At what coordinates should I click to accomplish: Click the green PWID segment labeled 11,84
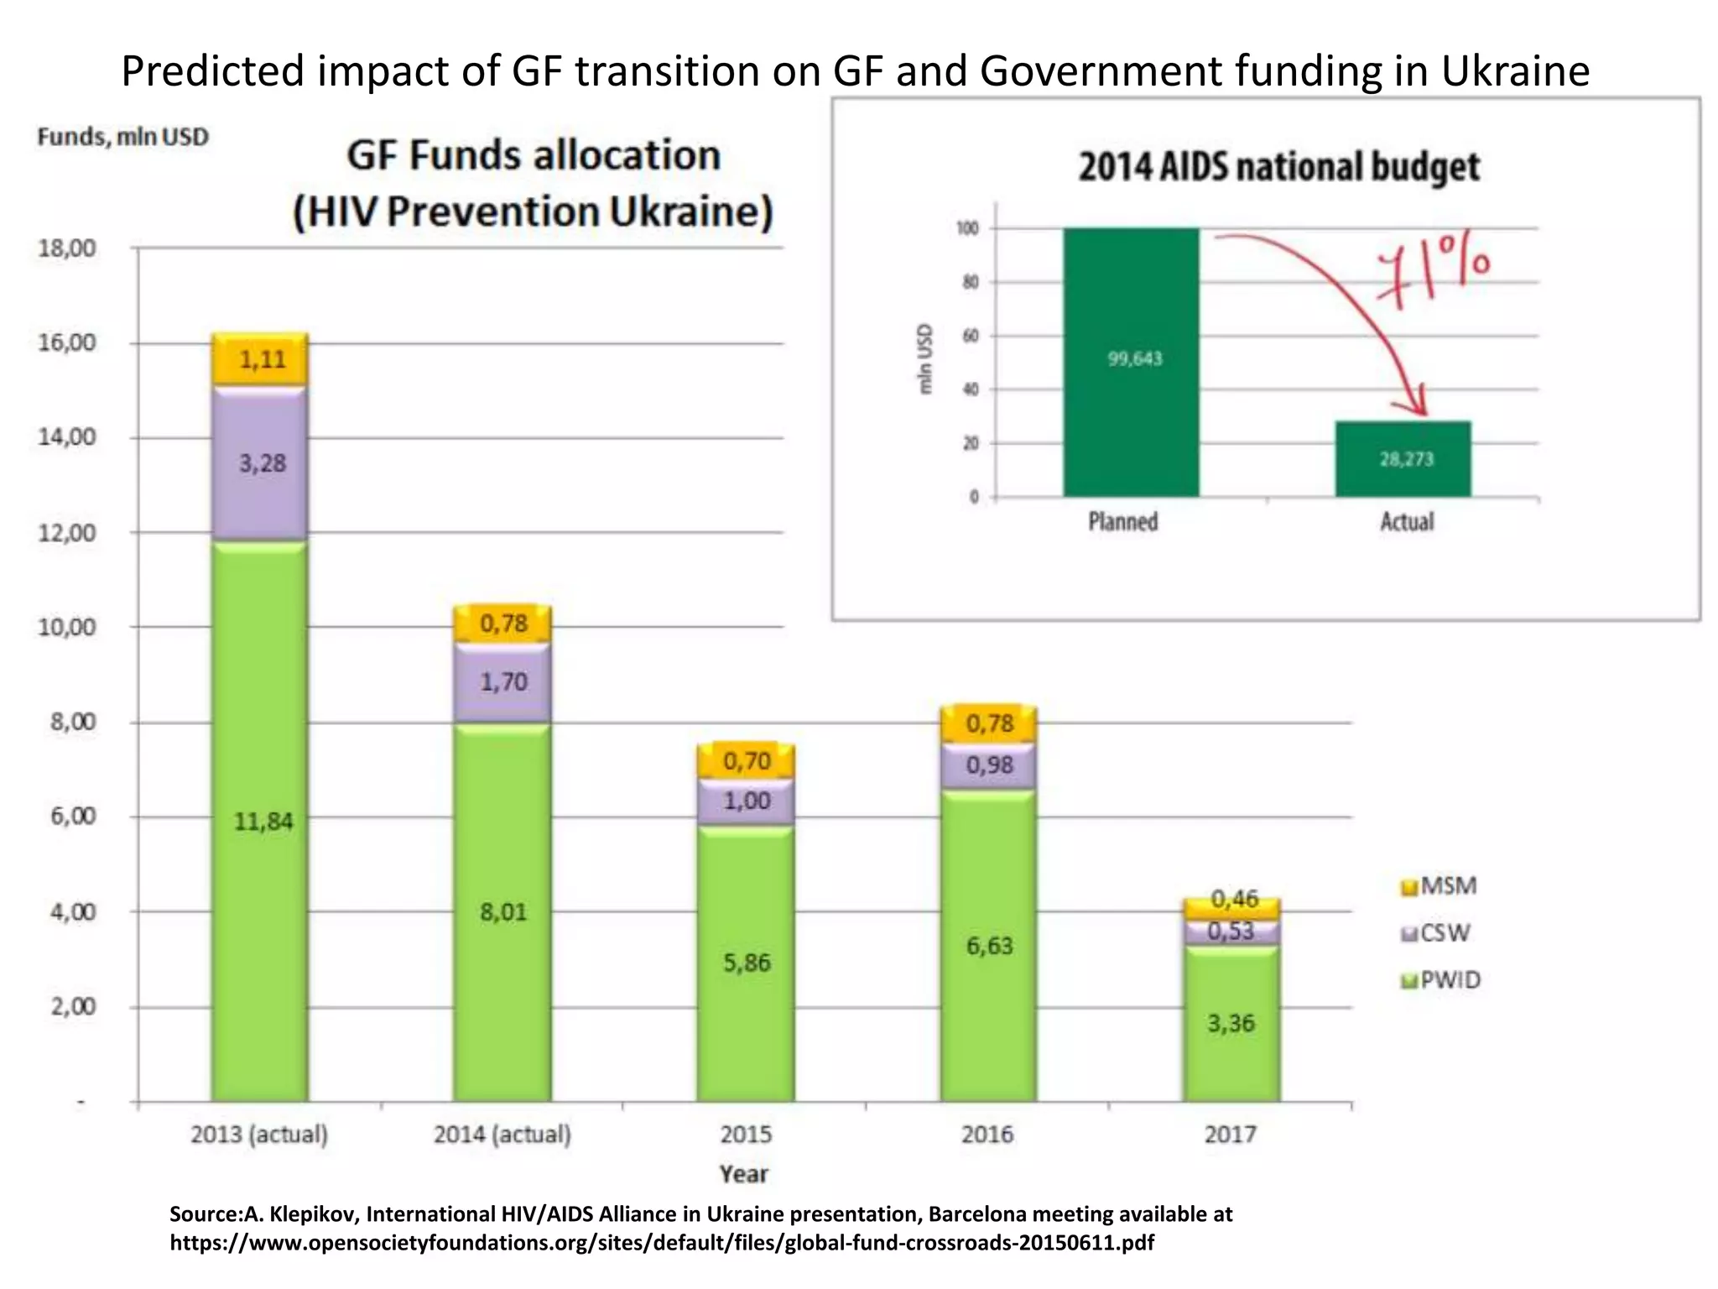[x=260, y=821]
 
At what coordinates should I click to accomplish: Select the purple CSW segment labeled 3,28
[x=260, y=463]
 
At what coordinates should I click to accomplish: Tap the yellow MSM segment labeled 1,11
[x=261, y=360]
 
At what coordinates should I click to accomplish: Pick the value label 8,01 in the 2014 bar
[x=503, y=912]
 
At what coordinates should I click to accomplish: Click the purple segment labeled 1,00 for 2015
[x=746, y=801]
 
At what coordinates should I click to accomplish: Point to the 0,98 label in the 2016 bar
[x=989, y=765]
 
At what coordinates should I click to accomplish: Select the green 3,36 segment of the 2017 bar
[x=1231, y=1024]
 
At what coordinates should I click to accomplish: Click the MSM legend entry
[x=1439, y=886]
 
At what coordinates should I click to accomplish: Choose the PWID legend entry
[x=1441, y=980]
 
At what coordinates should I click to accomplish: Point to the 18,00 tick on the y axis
[x=67, y=248]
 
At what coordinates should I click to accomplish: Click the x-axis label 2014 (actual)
[x=502, y=1135]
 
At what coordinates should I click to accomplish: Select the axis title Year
[x=743, y=1174]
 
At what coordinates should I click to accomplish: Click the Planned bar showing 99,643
[x=1131, y=361]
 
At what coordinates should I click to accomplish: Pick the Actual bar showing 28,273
[x=1403, y=459]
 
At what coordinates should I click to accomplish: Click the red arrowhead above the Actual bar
[x=1418, y=403]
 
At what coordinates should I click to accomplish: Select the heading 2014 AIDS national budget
[x=1278, y=166]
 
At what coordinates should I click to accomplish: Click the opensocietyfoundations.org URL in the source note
[x=661, y=1243]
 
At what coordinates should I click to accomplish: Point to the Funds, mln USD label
[x=122, y=137]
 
